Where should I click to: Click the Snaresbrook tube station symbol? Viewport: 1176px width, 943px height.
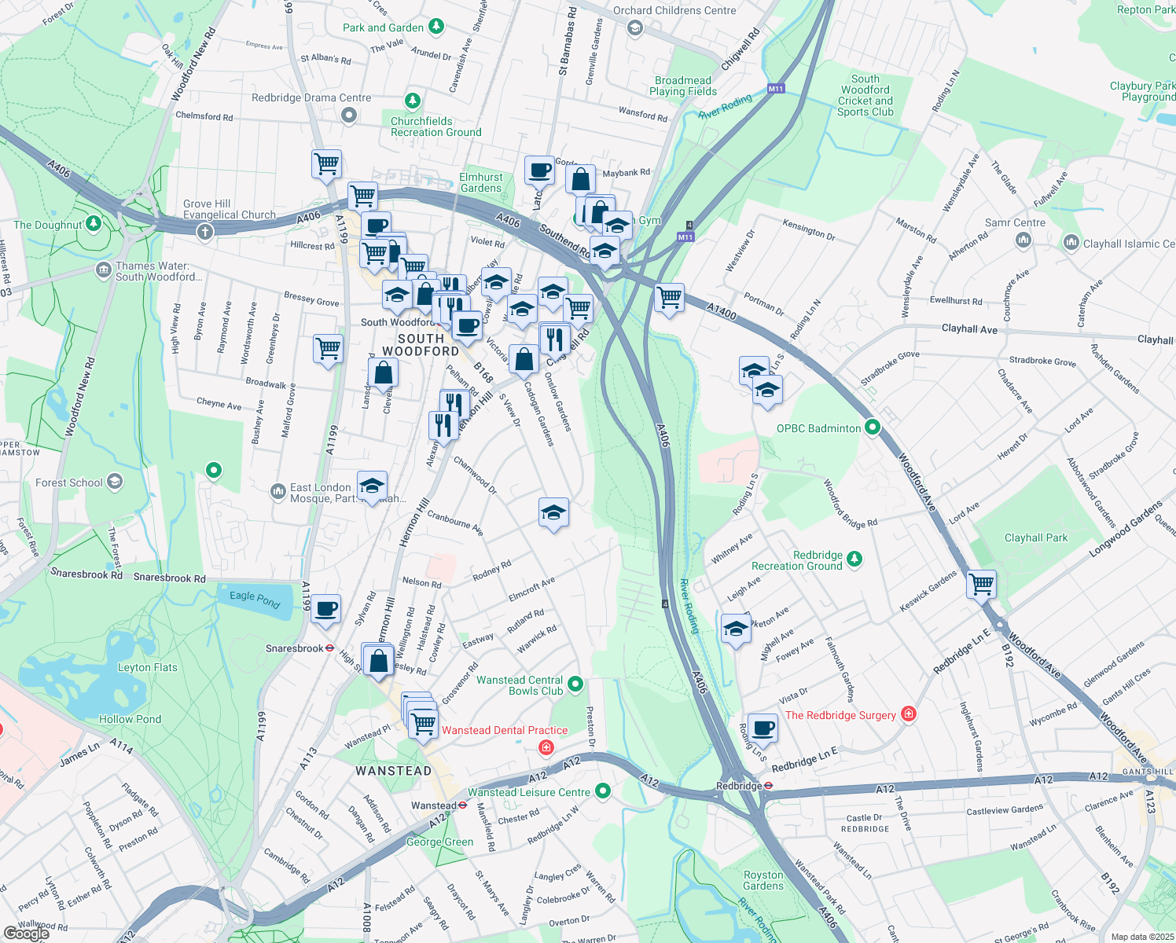coord(331,649)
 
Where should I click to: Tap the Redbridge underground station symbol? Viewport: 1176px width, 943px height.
coord(768,785)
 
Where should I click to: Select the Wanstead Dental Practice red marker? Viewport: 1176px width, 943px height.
coord(546,747)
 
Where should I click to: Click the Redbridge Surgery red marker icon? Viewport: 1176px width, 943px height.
coord(909,714)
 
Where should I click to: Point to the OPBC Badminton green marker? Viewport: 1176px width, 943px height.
coord(872,428)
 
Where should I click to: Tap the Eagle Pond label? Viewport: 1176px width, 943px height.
coord(255,600)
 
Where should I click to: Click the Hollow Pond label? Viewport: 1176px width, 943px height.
coord(130,719)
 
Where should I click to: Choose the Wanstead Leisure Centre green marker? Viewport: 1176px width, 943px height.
coord(603,791)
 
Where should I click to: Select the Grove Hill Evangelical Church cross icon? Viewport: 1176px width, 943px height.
coord(204,231)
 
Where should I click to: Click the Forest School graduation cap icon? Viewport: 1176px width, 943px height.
coord(115,482)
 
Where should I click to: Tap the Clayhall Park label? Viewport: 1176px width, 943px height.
coord(1036,538)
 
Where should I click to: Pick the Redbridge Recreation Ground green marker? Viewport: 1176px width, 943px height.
coord(854,560)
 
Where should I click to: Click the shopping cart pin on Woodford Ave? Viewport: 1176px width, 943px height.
coord(981,584)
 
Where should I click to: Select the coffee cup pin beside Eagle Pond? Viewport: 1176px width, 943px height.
coord(326,608)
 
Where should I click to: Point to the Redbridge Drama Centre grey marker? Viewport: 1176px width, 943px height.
coord(350,116)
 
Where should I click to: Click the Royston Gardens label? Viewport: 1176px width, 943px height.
coord(763,880)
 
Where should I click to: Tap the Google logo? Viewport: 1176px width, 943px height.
coord(27,933)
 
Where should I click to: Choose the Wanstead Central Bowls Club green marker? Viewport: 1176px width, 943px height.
coord(575,684)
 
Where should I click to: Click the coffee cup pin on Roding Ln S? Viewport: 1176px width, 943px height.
coord(763,727)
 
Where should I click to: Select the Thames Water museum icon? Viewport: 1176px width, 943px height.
coord(103,271)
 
